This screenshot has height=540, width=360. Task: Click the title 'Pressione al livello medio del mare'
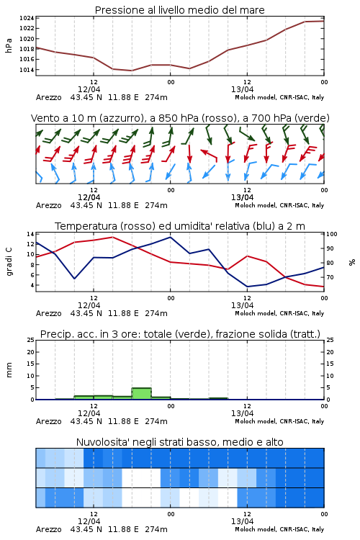point(179,10)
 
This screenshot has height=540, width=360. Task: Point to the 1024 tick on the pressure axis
point(27,18)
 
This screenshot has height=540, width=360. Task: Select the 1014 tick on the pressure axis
point(27,70)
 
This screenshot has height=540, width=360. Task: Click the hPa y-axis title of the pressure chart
point(9,45)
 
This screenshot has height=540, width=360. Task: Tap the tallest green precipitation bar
point(142,393)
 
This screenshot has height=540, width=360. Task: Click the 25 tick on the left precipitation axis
point(31,340)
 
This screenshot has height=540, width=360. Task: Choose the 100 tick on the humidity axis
point(332,234)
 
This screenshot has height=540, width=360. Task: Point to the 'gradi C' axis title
point(9,261)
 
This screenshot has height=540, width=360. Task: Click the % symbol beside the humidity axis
point(352,262)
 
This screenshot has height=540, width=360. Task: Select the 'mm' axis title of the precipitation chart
point(9,369)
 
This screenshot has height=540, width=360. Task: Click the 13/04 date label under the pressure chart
point(242,89)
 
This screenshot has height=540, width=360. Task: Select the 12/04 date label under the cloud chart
point(89,521)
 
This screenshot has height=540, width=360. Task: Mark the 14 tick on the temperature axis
point(31,234)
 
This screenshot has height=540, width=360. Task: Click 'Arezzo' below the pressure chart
point(48,97)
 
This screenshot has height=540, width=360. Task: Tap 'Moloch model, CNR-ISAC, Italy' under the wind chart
point(279,206)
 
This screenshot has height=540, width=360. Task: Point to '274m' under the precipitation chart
point(156,421)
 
